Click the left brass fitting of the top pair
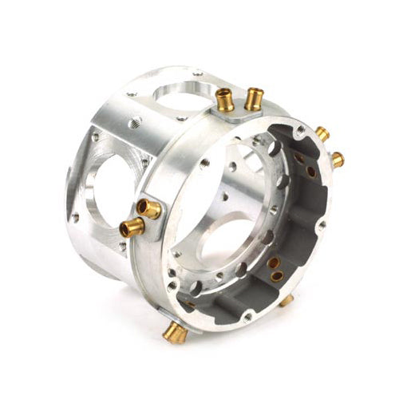point(226,101)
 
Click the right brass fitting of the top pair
point(254,98)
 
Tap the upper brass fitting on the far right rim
point(322,133)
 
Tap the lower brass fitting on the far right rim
point(338,160)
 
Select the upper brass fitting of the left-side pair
point(148,209)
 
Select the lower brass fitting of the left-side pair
point(132,229)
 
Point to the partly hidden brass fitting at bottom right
point(286,301)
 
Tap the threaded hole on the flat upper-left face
point(131,124)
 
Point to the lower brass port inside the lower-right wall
point(277,277)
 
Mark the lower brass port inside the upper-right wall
point(310,172)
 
